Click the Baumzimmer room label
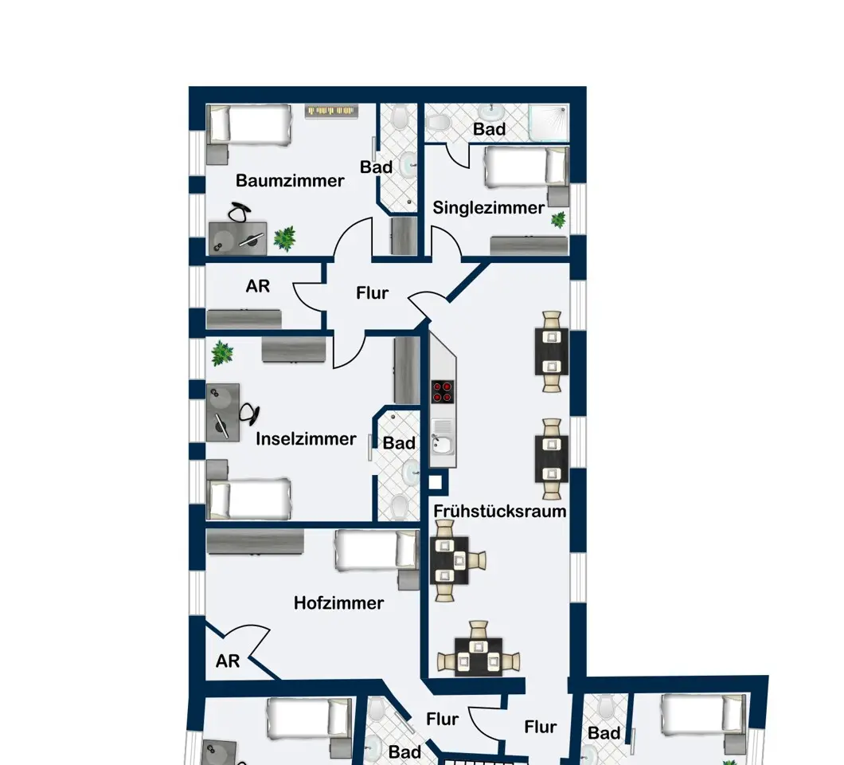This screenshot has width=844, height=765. (290, 180)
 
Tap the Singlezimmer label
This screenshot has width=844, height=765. (488, 207)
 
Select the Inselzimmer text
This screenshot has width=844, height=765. (306, 439)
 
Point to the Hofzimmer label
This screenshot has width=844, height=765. (338, 603)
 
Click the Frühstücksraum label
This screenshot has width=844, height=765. (499, 512)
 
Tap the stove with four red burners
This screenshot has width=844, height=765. (442, 391)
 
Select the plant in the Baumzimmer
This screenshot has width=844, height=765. (284, 238)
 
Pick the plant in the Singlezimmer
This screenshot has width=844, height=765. (558, 219)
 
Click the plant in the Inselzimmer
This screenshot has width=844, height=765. (222, 353)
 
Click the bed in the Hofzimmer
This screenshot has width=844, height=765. (377, 550)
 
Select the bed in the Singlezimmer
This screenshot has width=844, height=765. (526, 167)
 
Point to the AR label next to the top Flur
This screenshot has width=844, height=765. (257, 286)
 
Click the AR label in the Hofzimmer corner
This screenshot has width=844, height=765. (227, 661)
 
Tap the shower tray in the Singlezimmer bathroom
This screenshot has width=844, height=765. (548, 122)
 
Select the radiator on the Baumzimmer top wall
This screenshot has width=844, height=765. (331, 111)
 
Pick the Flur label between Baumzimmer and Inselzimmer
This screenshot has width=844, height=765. (372, 293)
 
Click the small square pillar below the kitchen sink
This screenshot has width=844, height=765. (435, 481)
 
